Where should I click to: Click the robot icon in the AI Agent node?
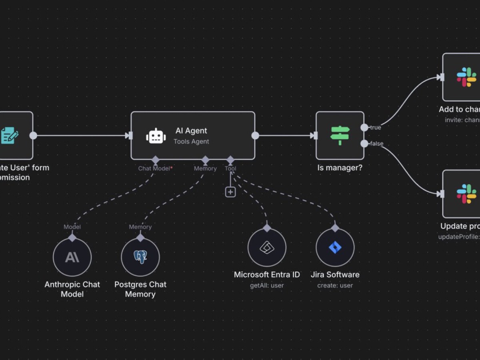pos(156,136)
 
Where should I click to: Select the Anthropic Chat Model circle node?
pos(72,257)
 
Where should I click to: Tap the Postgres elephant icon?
pos(140,257)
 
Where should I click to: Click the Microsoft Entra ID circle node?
pos(267,247)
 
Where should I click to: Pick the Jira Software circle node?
pos(335,247)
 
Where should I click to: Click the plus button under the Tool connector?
pos(230,192)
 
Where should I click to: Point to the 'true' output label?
pos(375,128)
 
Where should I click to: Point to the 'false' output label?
pos(376,144)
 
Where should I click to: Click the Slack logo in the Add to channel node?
pos(466,77)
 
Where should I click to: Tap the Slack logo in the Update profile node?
pos(466,194)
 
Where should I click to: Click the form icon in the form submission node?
pos(10,135)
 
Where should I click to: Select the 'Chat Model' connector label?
pos(154,168)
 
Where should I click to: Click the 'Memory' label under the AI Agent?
pos(205,168)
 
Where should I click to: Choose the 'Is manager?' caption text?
pos(340,168)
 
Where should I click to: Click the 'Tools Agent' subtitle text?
pos(191,142)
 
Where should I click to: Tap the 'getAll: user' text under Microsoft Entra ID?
pos(267,286)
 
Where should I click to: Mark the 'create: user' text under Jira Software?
pos(335,286)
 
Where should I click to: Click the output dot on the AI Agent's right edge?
pos(255,136)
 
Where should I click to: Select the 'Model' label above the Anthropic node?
pos(72,227)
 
